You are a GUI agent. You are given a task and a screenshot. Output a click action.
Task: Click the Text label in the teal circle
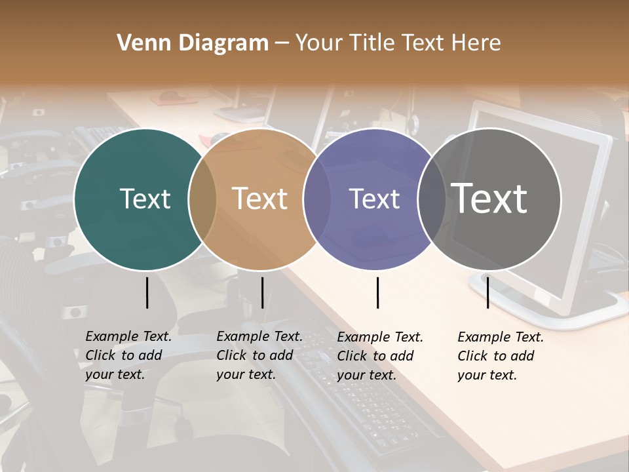point(145,199)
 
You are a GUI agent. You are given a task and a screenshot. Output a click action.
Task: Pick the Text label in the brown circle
point(260,199)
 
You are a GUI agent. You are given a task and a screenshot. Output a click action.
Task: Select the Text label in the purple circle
point(374,199)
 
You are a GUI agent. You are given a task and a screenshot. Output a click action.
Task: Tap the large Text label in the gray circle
point(489,198)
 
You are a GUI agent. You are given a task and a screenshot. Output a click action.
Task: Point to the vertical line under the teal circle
point(147,292)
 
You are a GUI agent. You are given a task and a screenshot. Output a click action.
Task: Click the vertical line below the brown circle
point(262,292)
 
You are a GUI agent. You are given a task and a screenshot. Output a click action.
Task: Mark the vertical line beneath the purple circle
point(377,292)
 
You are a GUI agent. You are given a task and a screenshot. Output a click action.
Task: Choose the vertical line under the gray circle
point(487,292)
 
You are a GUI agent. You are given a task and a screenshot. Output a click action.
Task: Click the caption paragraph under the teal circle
point(128,355)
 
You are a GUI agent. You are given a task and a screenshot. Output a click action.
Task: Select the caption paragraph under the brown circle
point(259,355)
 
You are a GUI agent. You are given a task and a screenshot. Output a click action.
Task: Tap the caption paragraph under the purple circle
point(379,356)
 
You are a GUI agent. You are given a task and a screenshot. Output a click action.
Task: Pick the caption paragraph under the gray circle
point(500,356)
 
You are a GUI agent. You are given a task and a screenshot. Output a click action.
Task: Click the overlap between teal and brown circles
point(202,199)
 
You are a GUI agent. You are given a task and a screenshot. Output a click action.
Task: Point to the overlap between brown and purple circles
point(317,199)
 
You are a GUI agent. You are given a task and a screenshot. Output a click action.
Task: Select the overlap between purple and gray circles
point(432,199)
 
